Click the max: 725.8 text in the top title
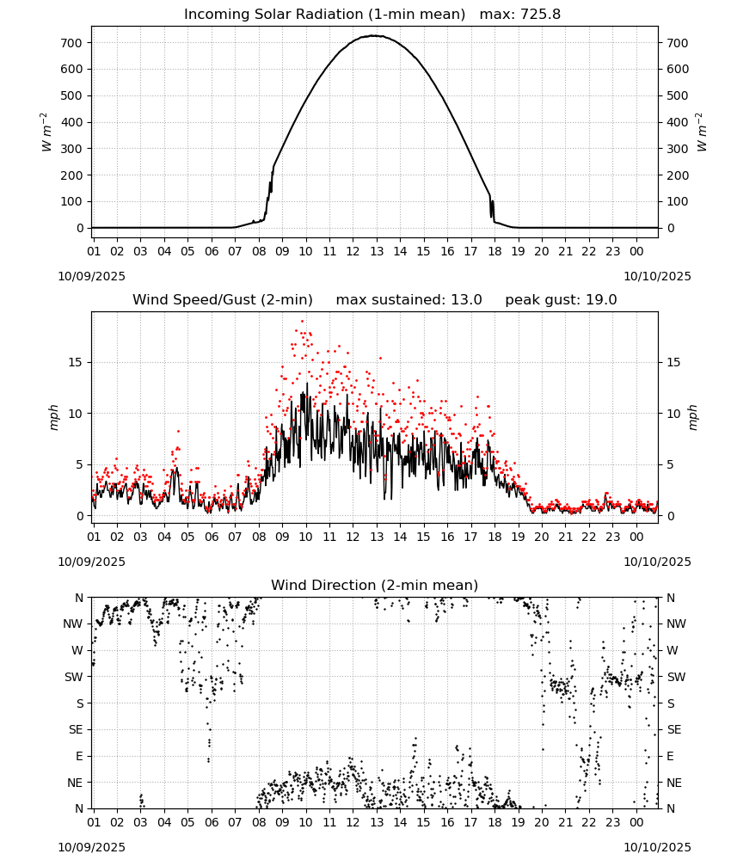(x=520, y=15)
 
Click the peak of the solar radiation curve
(x=373, y=35)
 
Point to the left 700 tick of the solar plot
(x=72, y=43)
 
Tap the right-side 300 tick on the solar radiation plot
(x=678, y=149)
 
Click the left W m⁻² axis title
(x=46, y=132)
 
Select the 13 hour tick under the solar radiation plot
(x=377, y=251)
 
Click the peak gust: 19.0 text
(x=561, y=300)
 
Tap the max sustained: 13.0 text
(x=409, y=300)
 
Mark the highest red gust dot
(x=302, y=322)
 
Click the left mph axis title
(x=53, y=417)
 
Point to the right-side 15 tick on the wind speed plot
(x=673, y=362)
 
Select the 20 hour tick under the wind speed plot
(x=542, y=537)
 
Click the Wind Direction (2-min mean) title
(x=375, y=585)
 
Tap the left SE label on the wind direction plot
(x=77, y=729)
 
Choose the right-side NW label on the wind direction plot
(x=676, y=623)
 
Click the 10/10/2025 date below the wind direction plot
(x=657, y=847)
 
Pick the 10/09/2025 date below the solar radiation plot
(x=91, y=276)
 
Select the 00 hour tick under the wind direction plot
(x=636, y=823)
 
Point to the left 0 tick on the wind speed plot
(x=80, y=516)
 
